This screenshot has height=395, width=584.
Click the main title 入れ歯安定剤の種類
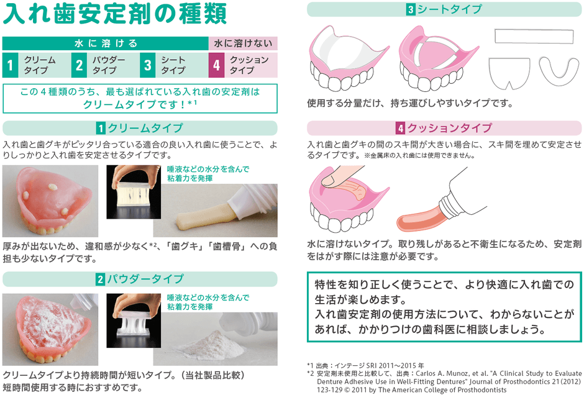point(115,15)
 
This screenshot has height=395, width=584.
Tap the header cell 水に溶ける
point(105,43)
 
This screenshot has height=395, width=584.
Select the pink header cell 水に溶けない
point(243,43)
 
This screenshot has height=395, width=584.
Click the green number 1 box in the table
point(10,65)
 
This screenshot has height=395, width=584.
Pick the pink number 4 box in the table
point(216,65)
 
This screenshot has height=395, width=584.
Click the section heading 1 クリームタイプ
point(140,129)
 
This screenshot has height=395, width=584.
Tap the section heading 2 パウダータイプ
point(140,279)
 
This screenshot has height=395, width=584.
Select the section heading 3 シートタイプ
point(444,9)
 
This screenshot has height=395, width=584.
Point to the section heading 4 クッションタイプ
point(444,129)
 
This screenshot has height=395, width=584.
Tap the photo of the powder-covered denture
point(50,329)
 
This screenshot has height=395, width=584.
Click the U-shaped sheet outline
point(559,72)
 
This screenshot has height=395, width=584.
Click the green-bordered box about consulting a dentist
point(444,306)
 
